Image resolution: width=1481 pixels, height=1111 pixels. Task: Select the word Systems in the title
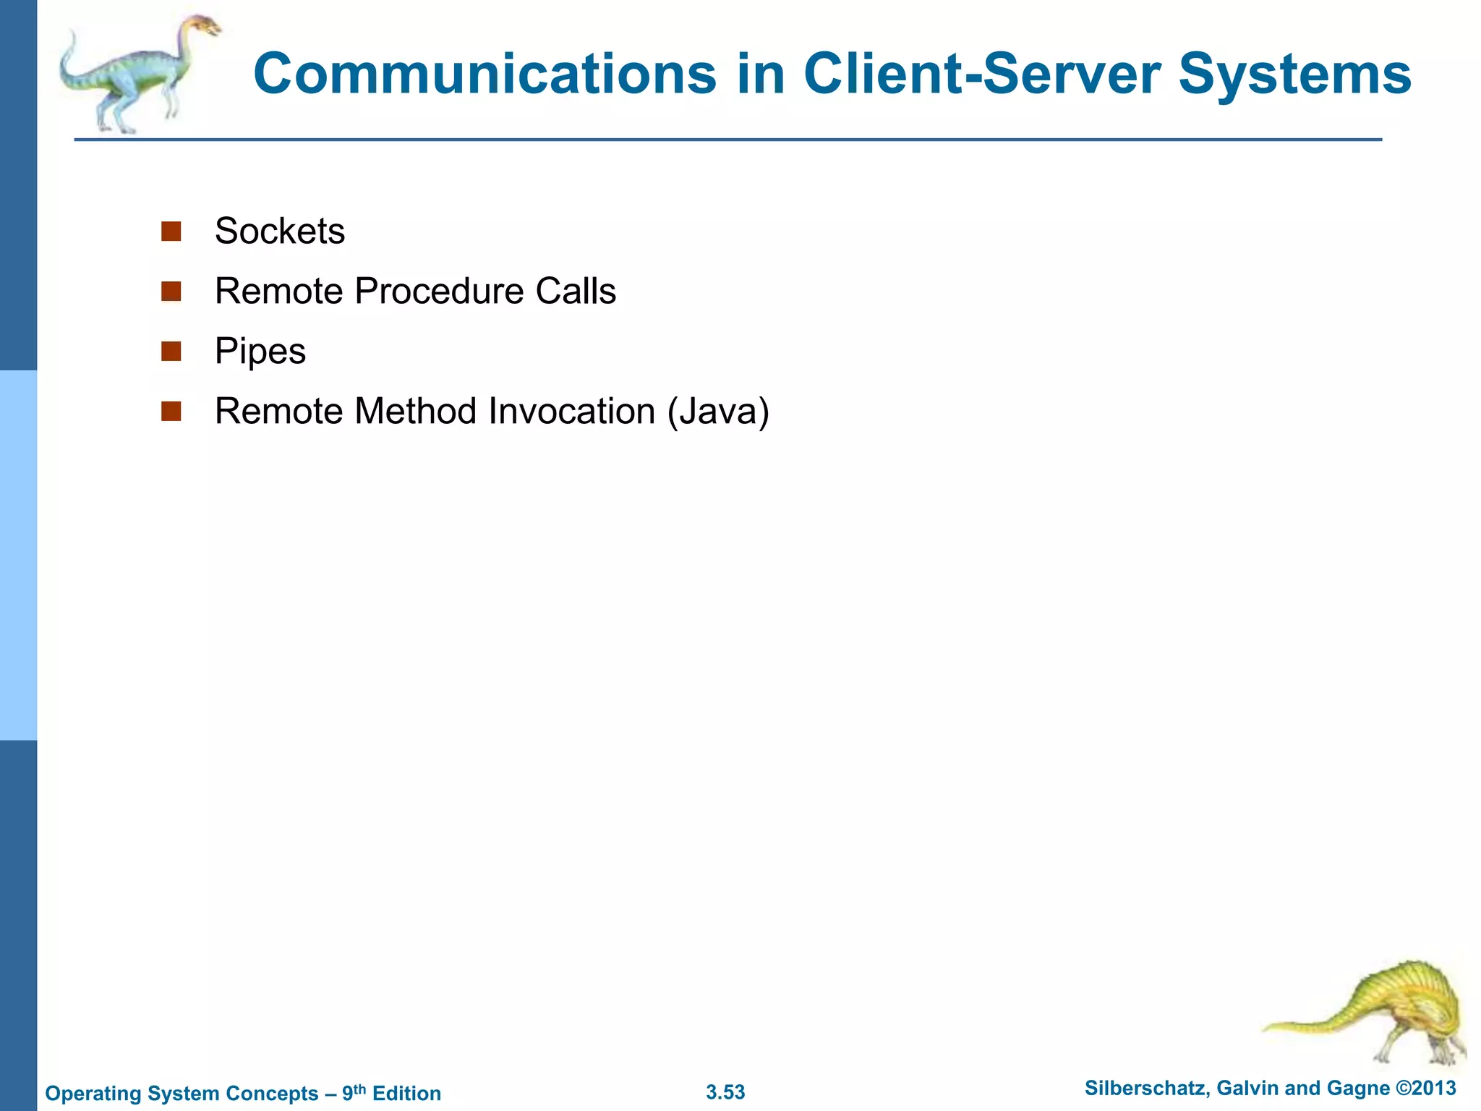tap(1294, 74)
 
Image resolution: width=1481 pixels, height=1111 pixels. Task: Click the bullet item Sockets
tap(280, 231)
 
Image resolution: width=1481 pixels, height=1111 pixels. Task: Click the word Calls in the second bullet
tap(576, 291)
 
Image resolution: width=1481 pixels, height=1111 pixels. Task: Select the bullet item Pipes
tap(260, 352)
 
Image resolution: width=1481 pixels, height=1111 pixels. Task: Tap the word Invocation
tap(571, 412)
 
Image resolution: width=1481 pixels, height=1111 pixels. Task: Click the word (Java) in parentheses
tap(718, 412)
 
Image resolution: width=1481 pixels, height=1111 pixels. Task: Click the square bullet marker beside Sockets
tap(171, 231)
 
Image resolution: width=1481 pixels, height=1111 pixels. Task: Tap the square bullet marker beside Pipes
tap(171, 352)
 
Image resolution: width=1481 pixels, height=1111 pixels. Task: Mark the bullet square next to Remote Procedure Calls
tap(171, 291)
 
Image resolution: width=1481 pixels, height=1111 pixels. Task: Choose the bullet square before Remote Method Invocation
tap(171, 412)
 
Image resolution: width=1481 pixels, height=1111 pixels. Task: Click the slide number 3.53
tap(725, 1092)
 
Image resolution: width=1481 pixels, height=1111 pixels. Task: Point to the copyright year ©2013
tap(1425, 1089)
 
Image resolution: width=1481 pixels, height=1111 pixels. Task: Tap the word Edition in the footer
tap(406, 1093)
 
